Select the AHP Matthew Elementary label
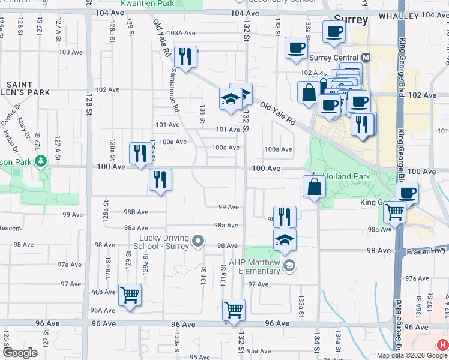[255, 266]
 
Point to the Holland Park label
[346, 177]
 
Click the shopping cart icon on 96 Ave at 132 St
[234, 310]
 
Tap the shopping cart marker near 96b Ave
[130, 295]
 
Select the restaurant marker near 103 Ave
[185, 57]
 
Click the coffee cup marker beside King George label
[408, 193]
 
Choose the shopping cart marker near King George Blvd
[394, 212]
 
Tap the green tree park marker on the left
[41, 161]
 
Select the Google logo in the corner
[19, 353]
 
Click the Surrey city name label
[349, 20]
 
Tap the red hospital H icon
[442, 345]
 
